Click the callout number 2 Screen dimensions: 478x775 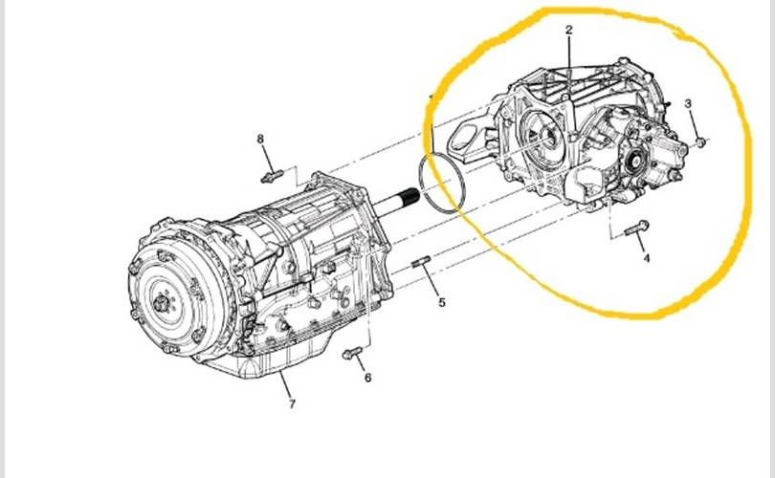(x=568, y=31)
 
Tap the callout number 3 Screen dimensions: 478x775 (x=687, y=102)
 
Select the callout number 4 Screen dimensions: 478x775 (x=645, y=258)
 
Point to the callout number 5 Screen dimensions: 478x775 (x=442, y=303)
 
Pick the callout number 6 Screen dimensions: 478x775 (x=367, y=378)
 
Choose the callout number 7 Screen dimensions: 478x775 (x=293, y=403)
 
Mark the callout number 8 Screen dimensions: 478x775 (x=260, y=139)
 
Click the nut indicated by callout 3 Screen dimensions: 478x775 (x=698, y=142)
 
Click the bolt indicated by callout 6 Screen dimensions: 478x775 (x=351, y=355)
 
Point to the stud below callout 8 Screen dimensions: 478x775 (x=273, y=175)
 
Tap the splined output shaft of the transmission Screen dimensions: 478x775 (x=401, y=203)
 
